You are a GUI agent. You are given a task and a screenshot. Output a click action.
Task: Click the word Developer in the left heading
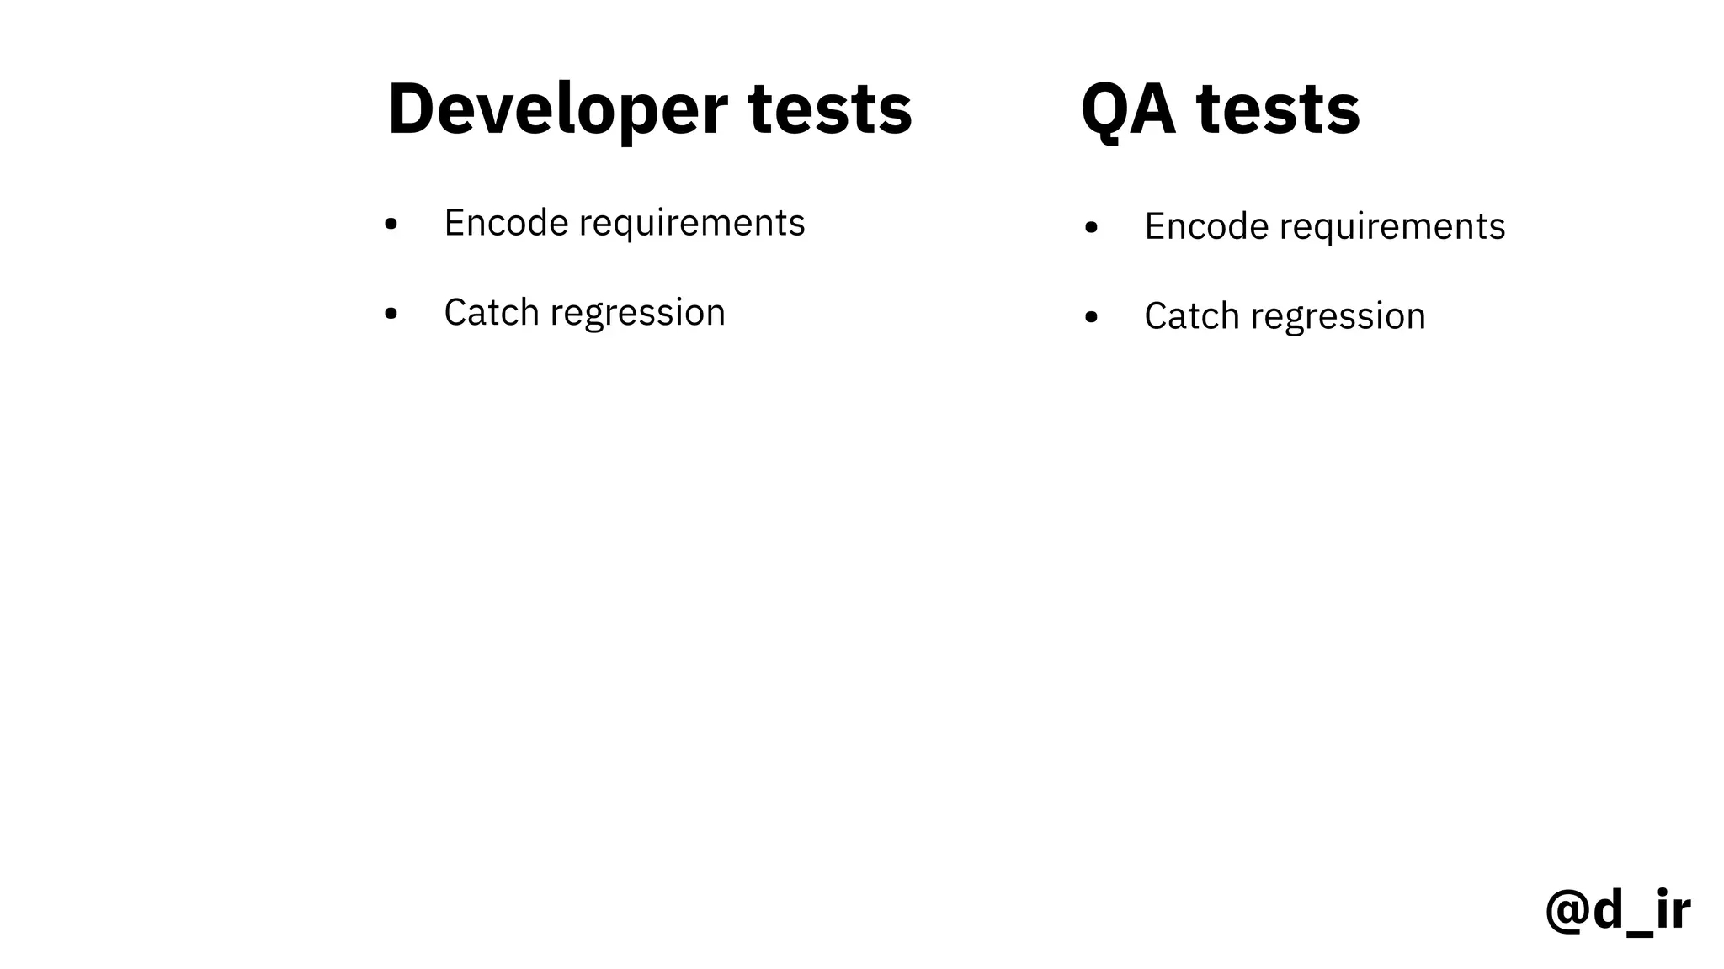coord(557,109)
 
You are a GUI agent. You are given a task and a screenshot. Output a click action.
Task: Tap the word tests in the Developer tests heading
coord(830,109)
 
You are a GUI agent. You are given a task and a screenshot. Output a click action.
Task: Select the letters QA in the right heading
coord(1128,109)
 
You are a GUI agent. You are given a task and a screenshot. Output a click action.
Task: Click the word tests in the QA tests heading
coord(1278,109)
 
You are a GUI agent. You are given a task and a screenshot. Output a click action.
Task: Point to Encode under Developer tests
coord(506,223)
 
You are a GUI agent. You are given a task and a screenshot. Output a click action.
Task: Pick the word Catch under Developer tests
coord(492,313)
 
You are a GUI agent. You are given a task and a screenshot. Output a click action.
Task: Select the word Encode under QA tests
coord(1206,226)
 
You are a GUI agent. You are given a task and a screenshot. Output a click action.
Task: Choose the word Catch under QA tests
coord(1192,316)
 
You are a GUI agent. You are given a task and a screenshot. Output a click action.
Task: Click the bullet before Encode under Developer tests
coord(391,225)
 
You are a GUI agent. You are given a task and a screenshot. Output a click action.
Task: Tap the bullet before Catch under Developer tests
coord(391,315)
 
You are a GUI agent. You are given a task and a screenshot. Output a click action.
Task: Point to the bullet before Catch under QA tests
coord(1091,317)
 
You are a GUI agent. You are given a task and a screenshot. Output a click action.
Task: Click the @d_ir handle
coord(1617,910)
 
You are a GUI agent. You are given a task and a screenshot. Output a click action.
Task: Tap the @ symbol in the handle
coord(1567,912)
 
